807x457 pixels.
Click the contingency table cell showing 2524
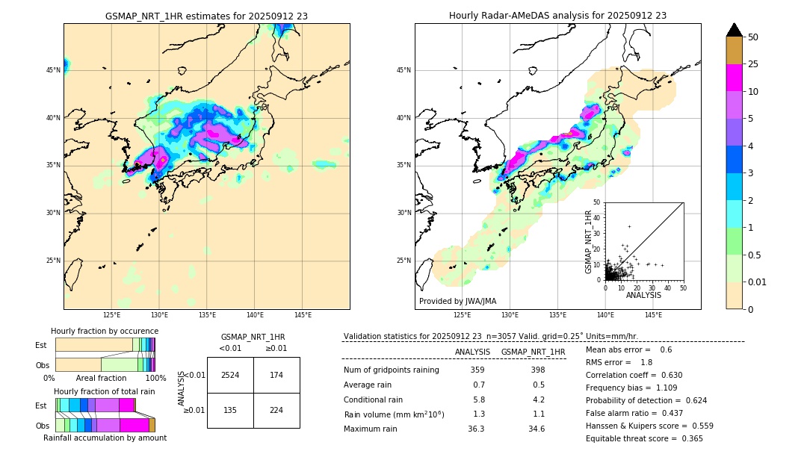pos(230,375)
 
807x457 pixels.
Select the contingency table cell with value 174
pos(276,375)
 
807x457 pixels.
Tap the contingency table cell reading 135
pos(230,410)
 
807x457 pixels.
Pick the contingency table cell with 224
pos(276,410)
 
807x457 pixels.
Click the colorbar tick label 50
pos(753,37)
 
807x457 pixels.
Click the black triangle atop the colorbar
pos(735,30)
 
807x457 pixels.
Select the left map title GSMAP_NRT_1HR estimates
pos(206,16)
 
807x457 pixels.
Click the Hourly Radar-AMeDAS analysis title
pos(557,16)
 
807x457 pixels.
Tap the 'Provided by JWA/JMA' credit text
pos(457,301)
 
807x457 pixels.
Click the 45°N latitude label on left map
pos(53,70)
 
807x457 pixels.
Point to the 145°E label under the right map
pos(653,315)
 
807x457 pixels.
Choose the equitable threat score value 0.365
pos(690,438)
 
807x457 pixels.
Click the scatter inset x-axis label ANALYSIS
pos(643,295)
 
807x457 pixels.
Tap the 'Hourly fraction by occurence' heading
pos(105,331)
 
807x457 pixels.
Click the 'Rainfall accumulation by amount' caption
pos(105,438)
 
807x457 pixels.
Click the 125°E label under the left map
pos(111,315)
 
